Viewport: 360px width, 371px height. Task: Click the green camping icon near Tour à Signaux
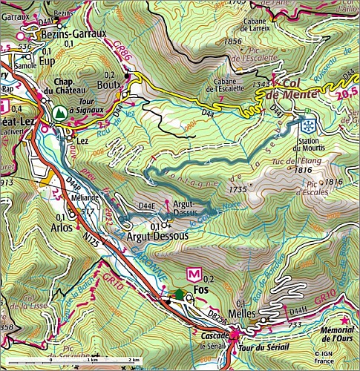click(57, 112)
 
